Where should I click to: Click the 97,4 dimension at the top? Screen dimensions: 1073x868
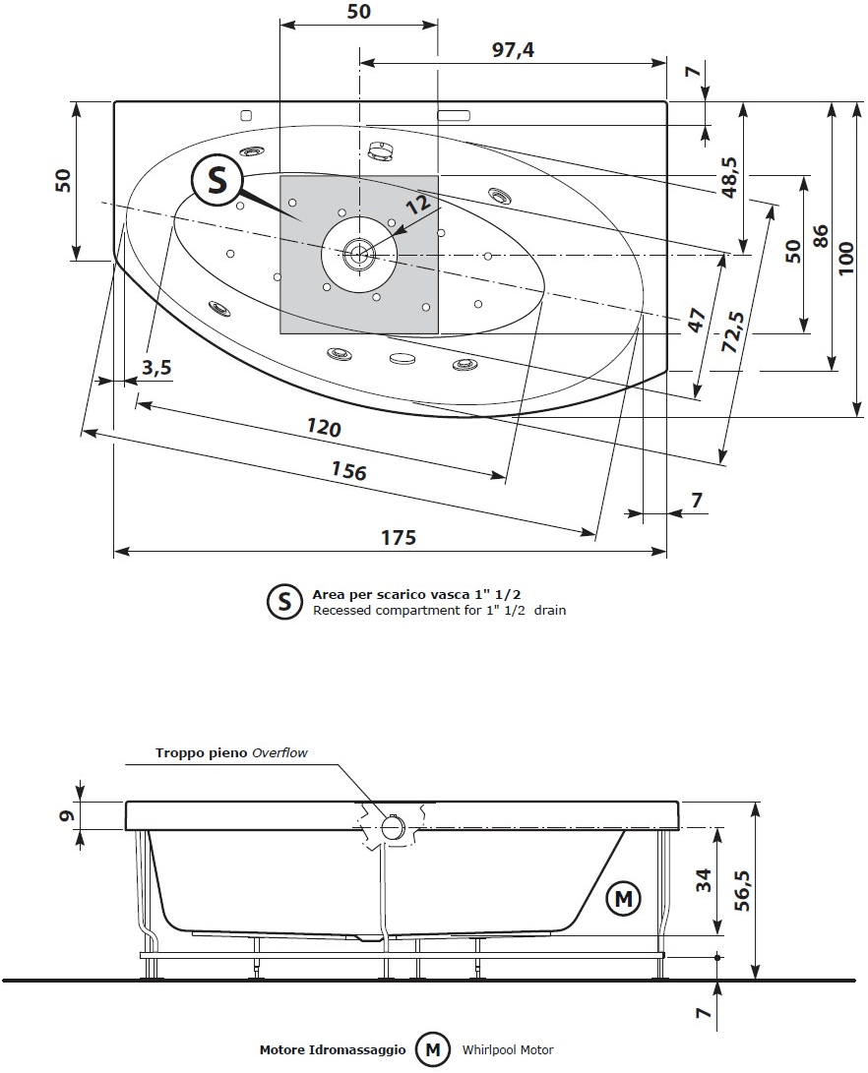[512, 48]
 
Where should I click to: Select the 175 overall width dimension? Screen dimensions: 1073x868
[398, 537]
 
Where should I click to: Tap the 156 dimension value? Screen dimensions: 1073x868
[347, 471]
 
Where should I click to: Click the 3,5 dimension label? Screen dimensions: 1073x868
[155, 368]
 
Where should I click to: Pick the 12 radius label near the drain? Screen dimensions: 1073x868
[417, 204]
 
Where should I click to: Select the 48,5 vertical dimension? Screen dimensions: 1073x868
[729, 178]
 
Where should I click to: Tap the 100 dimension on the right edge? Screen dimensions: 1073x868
[846, 259]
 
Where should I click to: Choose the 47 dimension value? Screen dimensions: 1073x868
[696, 321]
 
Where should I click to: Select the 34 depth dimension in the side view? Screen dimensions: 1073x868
[703, 880]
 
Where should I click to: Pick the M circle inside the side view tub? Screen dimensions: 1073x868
[622, 898]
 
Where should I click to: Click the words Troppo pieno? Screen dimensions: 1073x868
[202, 753]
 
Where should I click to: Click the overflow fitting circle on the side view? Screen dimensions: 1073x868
[393, 828]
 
